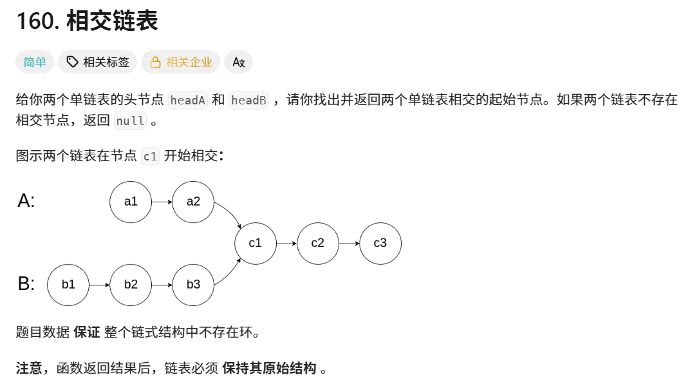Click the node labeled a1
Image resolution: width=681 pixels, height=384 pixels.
pos(131,202)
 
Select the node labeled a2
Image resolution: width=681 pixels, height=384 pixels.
pos(193,202)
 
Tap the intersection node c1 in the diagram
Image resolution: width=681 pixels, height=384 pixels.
pos(256,243)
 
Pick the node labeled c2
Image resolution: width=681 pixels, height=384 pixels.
pos(318,243)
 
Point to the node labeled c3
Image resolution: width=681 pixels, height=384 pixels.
pos(380,243)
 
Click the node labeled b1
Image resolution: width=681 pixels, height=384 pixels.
pos(68,284)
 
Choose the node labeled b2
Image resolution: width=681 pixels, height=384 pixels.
pos(131,284)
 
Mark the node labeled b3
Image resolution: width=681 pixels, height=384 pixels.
pos(193,284)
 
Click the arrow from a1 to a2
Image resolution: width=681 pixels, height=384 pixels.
pos(162,202)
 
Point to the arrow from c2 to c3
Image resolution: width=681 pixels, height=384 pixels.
pos(349,243)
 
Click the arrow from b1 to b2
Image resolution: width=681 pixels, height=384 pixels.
pos(99,284)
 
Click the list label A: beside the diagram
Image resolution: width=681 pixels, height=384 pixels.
pos(26,201)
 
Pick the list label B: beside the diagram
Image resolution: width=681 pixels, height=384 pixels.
pos(26,283)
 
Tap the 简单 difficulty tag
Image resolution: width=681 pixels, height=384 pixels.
pos(35,62)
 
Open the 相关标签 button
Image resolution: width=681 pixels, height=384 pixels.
pos(98,62)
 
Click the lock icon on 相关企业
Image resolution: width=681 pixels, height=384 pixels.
pos(155,62)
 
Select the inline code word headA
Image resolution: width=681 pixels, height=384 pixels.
pos(187,100)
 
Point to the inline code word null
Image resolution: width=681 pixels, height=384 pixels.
pos(130,121)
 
